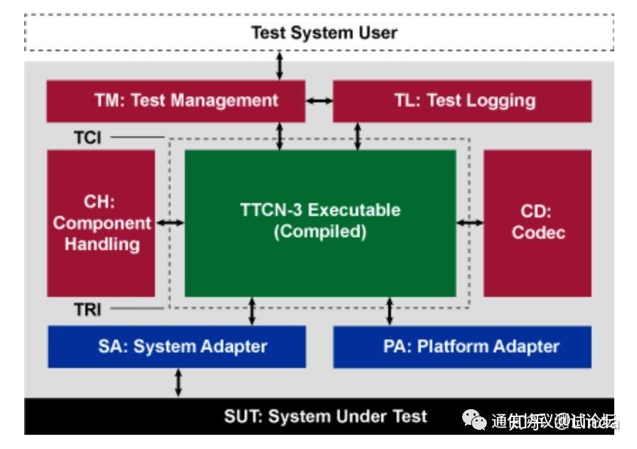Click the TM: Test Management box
(x=176, y=100)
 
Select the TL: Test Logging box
(x=462, y=100)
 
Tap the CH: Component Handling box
(x=101, y=223)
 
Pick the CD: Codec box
(x=537, y=223)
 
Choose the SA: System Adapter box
(x=176, y=347)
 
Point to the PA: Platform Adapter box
(x=462, y=347)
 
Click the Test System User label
(x=323, y=33)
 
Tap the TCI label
(x=88, y=138)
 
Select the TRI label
(x=88, y=310)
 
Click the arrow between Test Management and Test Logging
(x=319, y=100)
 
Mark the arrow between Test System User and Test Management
(x=279, y=65)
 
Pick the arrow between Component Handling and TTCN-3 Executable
(x=170, y=223)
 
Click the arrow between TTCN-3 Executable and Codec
(x=469, y=223)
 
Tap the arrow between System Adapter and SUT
(x=178, y=383)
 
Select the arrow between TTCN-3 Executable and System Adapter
(x=252, y=311)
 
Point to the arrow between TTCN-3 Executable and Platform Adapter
(x=390, y=311)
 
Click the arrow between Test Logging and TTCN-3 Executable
(x=358, y=136)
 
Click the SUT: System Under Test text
(x=326, y=416)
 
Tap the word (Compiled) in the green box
(x=320, y=232)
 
